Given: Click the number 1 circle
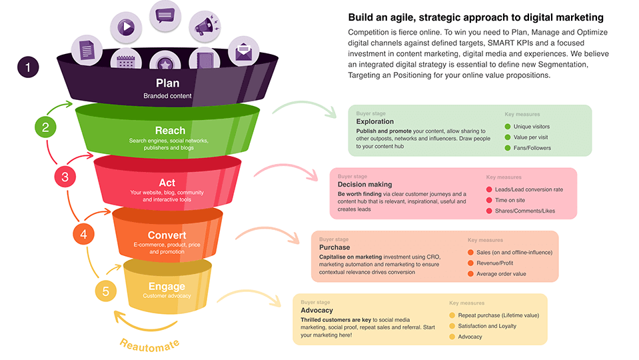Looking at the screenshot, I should [27, 67].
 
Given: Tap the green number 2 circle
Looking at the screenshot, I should [45, 127].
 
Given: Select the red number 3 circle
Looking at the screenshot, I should [65, 177].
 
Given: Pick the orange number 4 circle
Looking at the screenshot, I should [83, 234].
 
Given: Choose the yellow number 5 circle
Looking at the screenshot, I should [105, 291].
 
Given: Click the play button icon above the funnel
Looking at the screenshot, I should [125, 28].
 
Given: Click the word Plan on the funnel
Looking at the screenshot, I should [167, 83].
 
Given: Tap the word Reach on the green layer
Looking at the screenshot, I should [170, 130].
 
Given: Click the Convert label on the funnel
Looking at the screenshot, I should [167, 235].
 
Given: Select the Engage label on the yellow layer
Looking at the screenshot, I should [167, 287].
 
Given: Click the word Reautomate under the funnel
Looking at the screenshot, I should [150, 345].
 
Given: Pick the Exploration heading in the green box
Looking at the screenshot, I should [374, 122].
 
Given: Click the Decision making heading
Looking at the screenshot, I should [364, 185].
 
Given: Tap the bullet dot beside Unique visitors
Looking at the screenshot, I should [508, 127].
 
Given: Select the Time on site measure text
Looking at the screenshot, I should [510, 200].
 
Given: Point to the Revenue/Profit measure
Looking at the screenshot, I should [495, 263].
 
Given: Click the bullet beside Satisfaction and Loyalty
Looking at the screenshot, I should [452, 326].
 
